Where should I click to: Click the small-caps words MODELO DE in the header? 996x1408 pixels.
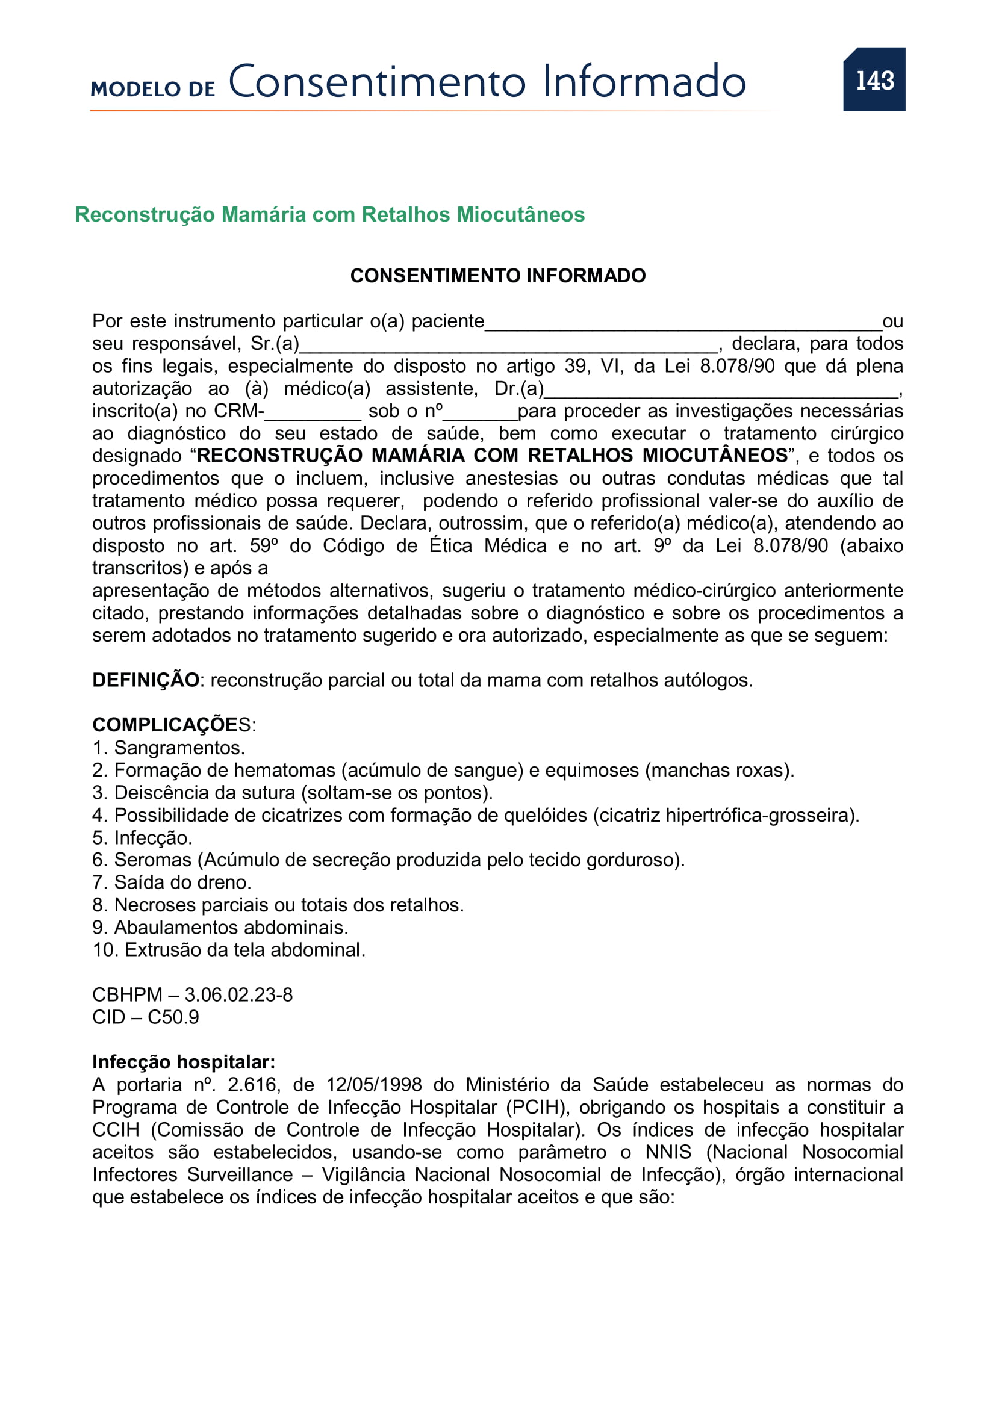(153, 89)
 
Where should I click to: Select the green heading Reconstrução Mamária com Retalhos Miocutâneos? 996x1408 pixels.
(329, 215)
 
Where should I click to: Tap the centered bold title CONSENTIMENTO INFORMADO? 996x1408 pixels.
(497, 276)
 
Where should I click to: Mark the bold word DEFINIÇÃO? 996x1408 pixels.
(145, 680)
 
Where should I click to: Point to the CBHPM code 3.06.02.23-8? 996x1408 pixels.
(238, 994)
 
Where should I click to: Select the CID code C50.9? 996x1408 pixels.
(173, 1017)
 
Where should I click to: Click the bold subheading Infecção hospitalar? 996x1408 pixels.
(184, 1062)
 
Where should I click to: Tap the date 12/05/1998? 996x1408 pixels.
(373, 1085)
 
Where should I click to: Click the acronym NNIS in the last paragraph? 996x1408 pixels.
(668, 1152)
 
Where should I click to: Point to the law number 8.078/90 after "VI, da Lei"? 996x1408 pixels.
(736, 366)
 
